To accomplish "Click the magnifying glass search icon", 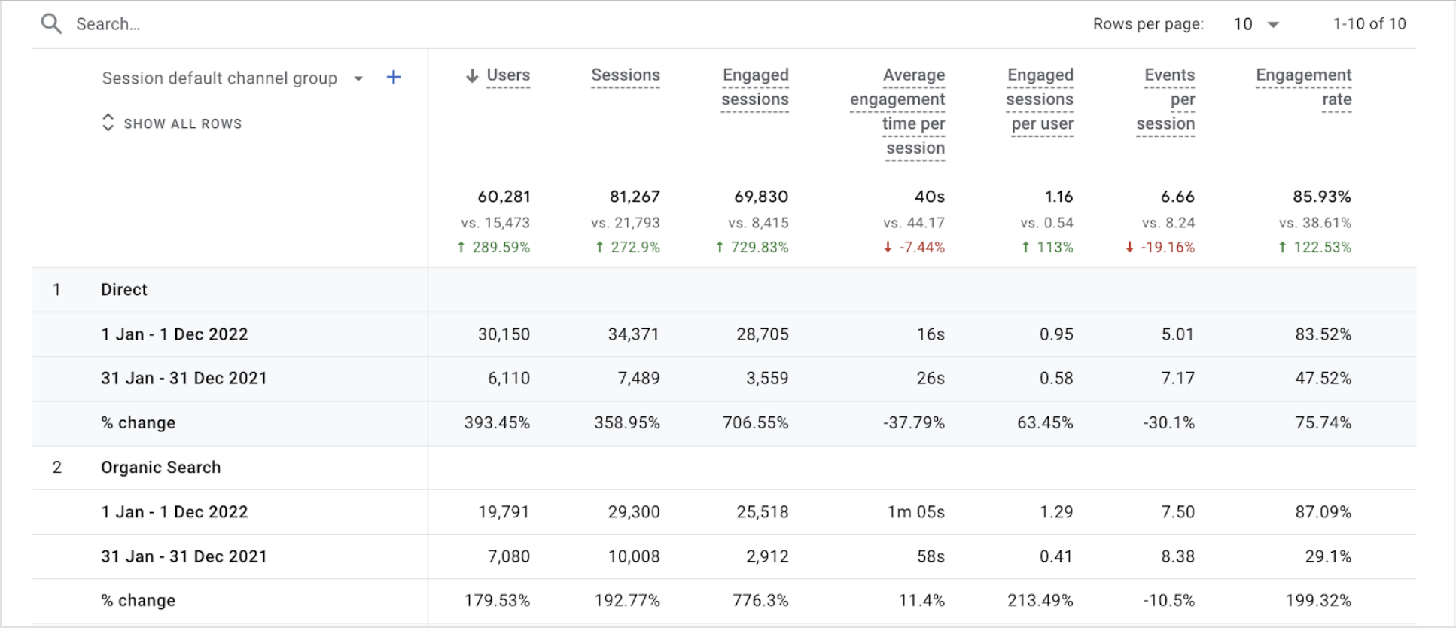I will (x=51, y=24).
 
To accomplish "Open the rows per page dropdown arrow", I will (x=1273, y=24).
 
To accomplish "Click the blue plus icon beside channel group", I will (x=394, y=78).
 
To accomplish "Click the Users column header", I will (x=507, y=75).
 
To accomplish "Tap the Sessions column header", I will (x=625, y=75).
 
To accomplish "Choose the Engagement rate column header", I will (x=1303, y=87).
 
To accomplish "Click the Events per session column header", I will (x=1166, y=99).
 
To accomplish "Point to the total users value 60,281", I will (x=504, y=197).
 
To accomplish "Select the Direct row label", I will (x=124, y=290).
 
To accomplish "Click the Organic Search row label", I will (x=161, y=468).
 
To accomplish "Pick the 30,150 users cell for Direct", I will (x=504, y=334).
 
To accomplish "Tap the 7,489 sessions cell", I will (x=638, y=378).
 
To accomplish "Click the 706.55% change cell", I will (x=755, y=423).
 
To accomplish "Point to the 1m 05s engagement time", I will (x=915, y=512).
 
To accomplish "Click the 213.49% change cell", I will (x=1040, y=601).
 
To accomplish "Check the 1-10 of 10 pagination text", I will (x=1369, y=24).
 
